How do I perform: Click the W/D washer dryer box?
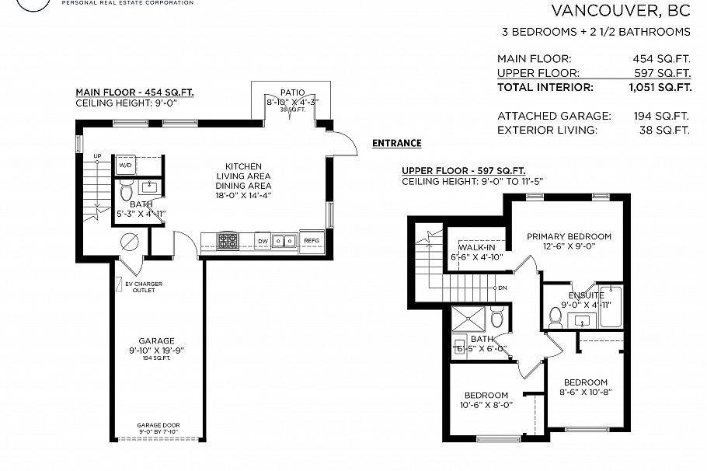point(125,166)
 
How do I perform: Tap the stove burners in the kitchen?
point(228,241)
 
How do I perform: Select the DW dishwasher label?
point(263,241)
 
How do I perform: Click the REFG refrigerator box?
point(312,241)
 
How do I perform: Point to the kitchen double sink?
point(285,241)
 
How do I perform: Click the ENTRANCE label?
point(396,143)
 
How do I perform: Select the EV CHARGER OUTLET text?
point(144,288)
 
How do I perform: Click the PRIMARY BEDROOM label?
point(569,236)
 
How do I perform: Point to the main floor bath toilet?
point(127,190)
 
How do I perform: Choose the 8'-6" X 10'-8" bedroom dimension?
point(585,393)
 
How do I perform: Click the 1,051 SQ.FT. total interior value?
point(660,87)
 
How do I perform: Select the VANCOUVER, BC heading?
point(620,11)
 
